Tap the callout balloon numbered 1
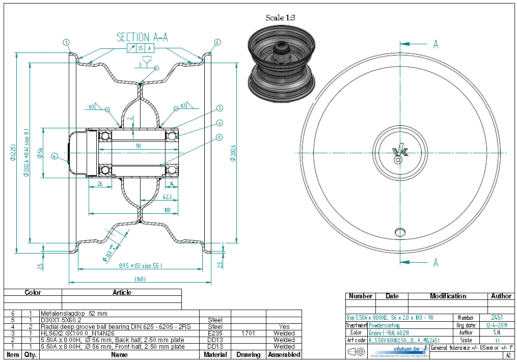(67, 42)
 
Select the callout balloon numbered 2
(217, 42)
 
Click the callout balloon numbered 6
(55, 156)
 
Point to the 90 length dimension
(138, 146)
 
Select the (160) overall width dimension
(140, 279)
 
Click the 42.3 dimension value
(168, 197)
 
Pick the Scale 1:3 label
(280, 18)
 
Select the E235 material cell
(215, 333)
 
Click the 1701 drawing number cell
(248, 333)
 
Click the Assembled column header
(284, 354)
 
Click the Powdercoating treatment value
(384, 325)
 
